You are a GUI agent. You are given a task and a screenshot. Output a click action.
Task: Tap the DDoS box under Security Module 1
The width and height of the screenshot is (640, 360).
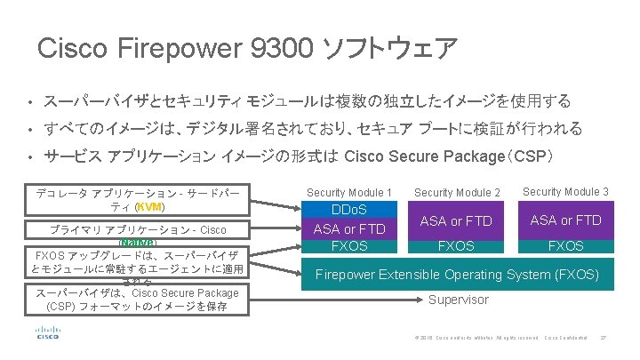(x=349, y=210)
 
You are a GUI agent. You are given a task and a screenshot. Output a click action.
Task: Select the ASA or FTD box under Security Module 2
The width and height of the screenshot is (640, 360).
(x=457, y=220)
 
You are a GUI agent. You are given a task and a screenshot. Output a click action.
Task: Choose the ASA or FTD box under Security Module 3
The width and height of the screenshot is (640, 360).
(x=565, y=220)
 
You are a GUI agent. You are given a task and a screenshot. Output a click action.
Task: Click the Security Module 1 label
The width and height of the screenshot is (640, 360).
(x=349, y=192)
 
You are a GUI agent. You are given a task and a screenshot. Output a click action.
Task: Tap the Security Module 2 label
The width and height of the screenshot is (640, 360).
(x=457, y=192)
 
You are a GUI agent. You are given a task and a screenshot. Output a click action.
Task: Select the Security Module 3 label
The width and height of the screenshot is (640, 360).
(x=565, y=191)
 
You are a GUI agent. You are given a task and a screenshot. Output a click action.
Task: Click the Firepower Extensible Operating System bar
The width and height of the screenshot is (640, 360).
(x=458, y=274)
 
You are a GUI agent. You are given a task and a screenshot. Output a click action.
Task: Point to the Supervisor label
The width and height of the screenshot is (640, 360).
(x=458, y=300)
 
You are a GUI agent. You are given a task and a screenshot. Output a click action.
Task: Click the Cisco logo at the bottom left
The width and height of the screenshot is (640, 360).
(x=48, y=334)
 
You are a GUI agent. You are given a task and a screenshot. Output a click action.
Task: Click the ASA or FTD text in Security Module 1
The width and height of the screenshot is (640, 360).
(x=349, y=229)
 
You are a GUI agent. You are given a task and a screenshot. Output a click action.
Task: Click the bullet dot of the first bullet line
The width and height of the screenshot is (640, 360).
(x=29, y=102)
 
